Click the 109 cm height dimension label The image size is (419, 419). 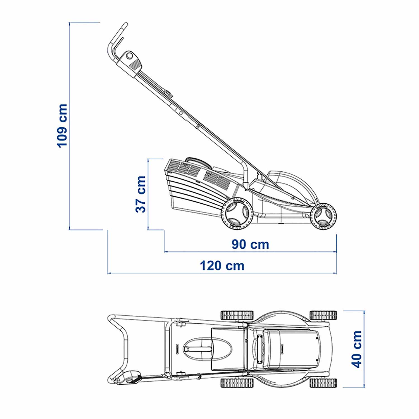click(x=62, y=125)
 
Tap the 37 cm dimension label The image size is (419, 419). click(x=141, y=194)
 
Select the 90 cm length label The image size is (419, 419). click(x=250, y=244)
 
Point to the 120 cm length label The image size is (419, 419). click(x=222, y=266)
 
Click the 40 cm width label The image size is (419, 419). click(x=356, y=349)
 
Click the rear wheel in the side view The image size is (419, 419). click(x=237, y=214)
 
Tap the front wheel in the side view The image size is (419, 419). click(x=323, y=216)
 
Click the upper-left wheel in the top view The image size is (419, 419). click(x=237, y=315)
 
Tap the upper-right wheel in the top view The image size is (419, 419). click(x=323, y=315)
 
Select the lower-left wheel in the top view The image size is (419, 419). click(x=237, y=383)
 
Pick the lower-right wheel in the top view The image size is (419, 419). click(x=323, y=383)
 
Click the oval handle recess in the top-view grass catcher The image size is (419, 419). click(x=208, y=349)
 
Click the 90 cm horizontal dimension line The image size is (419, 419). click(x=250, y=252)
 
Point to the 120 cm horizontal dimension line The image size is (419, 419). click(x=222, y=273)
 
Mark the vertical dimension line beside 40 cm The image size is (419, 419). click(x=364, y=349)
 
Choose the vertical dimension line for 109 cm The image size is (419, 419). click(x=69, y=126)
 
